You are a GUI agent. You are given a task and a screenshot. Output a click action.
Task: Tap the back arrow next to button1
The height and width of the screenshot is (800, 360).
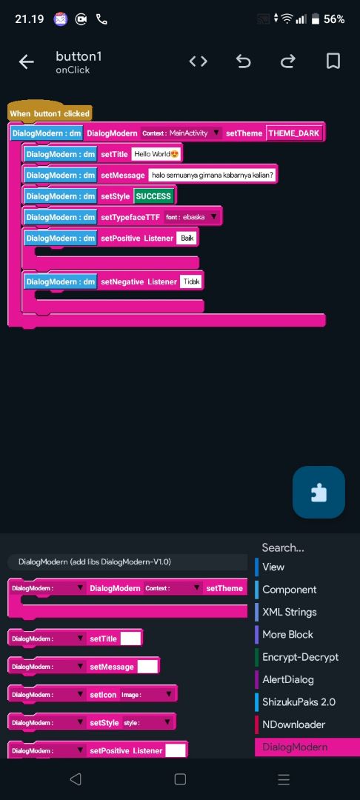(26, 62)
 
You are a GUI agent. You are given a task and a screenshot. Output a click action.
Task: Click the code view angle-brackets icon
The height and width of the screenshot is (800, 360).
(199, 61)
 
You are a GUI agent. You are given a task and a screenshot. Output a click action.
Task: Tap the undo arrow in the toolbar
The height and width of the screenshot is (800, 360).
(243, 62)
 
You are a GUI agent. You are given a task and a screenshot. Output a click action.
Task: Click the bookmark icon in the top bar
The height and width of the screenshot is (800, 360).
(333, 61)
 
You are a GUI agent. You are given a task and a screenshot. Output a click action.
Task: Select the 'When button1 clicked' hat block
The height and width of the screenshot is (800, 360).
(50, 113)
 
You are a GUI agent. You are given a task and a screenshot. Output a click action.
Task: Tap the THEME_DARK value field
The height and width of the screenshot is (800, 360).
(294, 133)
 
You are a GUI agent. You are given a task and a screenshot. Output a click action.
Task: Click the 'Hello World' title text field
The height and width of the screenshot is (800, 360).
(156, 154)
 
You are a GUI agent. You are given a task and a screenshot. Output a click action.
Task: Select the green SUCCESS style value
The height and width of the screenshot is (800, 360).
(153, 196)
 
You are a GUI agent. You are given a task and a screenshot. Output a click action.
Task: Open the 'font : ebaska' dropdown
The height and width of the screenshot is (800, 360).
(192, 217)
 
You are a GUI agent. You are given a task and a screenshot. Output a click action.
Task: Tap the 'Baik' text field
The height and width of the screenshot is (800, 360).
(187, 239)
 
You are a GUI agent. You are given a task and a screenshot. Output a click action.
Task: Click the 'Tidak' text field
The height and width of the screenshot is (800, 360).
(192, 281)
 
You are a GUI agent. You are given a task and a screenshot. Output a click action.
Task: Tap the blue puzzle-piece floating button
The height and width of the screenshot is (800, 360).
(319, 493)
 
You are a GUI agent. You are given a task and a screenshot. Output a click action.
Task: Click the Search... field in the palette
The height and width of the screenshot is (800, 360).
(283, 547)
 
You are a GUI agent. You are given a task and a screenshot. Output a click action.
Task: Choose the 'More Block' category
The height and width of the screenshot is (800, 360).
(287, 634)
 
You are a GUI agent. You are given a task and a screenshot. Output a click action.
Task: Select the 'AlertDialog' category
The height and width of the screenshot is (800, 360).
(287, 679)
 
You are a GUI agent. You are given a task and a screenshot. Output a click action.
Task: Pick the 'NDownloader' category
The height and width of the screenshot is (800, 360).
(293, 724)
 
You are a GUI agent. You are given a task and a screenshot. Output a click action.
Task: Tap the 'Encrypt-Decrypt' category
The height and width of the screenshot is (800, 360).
(300, 657)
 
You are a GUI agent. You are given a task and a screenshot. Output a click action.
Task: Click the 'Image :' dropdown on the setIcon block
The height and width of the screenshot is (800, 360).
(147, 694)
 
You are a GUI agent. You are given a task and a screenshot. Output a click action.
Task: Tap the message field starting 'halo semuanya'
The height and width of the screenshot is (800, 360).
(213, 176)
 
